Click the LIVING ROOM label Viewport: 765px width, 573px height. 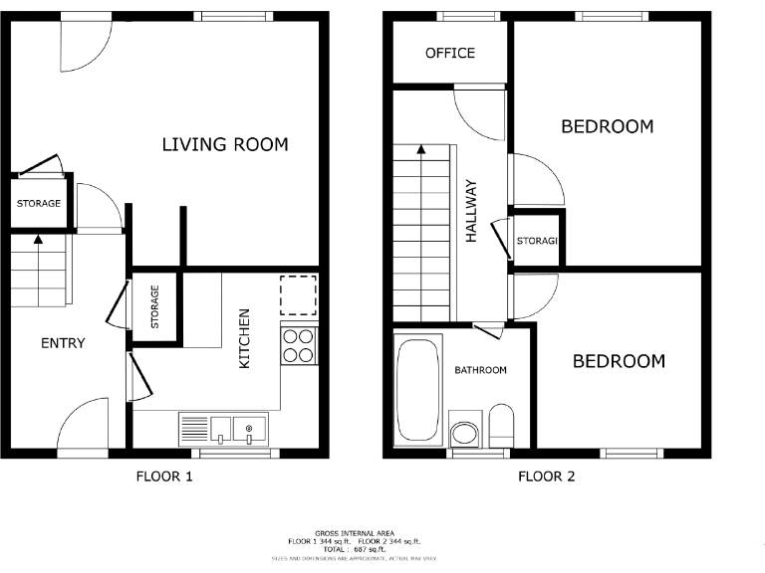pyautogui.click(x=225, y=145)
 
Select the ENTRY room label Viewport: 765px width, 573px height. pyautogui.click(x=63, y=343)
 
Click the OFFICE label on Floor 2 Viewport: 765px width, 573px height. pyautogui.click(x=450, y=53)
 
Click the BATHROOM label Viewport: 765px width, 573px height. pyautogui.click(x=480, y=370)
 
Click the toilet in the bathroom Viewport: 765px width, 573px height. pyautogui.click(x=500, y=426)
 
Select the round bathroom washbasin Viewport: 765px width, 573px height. pyautogui.click(x=464, y=433)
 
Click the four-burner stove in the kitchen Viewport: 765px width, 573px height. pyautogui.click(x=298, y=345)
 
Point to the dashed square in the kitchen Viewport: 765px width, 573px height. pyautogui.click(x=298, y=293)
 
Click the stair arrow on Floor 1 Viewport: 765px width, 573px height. pyautogui.click(x=38, y=238)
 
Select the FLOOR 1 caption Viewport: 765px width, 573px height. pyautogui.click(x=163, y=477)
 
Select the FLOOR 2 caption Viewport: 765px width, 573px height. pyautogui.click(x=546, y=477)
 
